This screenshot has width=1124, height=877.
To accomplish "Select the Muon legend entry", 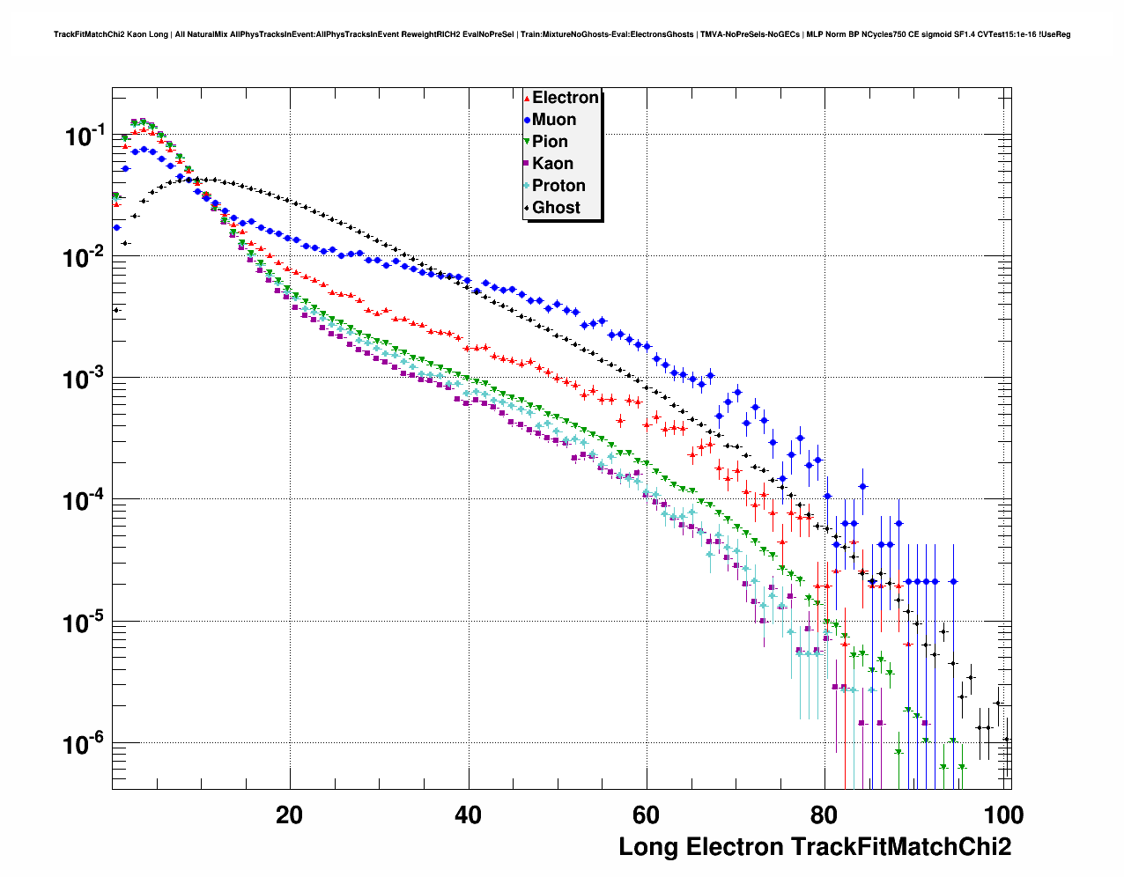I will tap(554, 120).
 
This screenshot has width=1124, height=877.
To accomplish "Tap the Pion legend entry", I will tap(550, 142).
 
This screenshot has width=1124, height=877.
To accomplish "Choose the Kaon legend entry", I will tap(552, 164).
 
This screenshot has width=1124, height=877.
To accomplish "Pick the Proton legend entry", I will tap(558, 186).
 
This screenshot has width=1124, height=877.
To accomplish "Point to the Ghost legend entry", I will tap(556, 208).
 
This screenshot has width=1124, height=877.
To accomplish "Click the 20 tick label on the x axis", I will tap(289, 814).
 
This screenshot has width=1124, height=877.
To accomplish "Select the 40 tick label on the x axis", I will tap(468, 814).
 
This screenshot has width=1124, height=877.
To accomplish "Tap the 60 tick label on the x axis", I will tap(647, 814).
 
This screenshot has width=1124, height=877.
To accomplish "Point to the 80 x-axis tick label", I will tap(825, 814).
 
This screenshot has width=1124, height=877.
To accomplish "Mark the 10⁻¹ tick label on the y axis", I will tap(85, 136).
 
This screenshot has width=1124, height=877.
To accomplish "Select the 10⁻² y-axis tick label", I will tap(85, 257).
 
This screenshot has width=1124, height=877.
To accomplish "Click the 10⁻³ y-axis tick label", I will tap(85, 380).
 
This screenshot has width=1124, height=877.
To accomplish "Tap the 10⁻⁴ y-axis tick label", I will tap(85, 501).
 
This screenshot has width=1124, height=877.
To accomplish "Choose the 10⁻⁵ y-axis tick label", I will tap(85, 623).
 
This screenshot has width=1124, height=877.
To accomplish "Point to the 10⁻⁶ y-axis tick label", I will tap(85, 745).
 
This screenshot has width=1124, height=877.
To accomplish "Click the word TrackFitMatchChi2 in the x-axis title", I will tap(901, 847).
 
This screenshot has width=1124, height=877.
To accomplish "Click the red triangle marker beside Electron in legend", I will tap(527, 99).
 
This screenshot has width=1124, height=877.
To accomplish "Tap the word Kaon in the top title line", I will tap(137, 34).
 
